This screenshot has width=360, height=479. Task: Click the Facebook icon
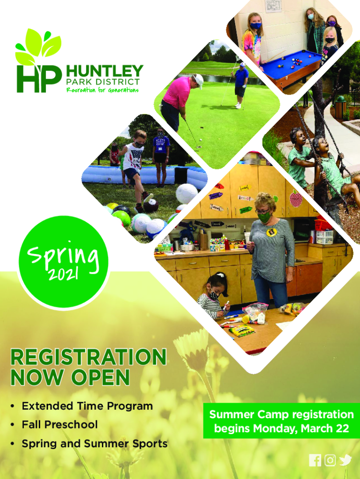coord(315,460)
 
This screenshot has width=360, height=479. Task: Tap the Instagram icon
coord(330,460)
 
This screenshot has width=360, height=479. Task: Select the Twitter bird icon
coord(346,460)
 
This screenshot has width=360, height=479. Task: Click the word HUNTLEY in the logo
coord(104,71)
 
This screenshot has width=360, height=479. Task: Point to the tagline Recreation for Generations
coord(102,90)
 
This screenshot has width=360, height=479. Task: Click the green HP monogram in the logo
coord(39,79)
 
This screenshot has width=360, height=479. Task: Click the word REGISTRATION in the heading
coord(88,357)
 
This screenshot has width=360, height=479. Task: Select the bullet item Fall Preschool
coord(59,425)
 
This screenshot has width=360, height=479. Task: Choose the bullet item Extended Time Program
coord(87,406)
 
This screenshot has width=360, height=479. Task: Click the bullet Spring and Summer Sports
coord(94,443)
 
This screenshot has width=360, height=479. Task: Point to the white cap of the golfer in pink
coord(199,80)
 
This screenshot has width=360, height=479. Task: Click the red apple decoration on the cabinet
coord(295,198)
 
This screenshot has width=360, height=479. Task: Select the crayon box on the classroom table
coord(242,331)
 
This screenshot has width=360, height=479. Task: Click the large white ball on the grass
coord(187,193)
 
